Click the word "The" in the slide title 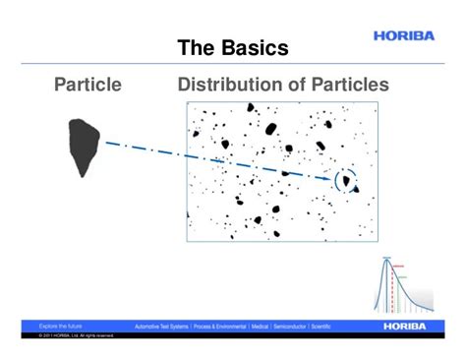(x=195, y=47)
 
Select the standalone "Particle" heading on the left (x=87, y=86)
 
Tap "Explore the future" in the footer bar (x=61, y=326)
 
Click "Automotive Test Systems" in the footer (x=162, y=326)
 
